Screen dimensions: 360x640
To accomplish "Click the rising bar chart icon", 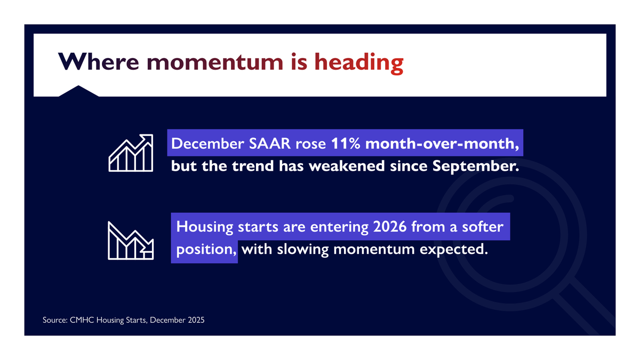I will [131, 153].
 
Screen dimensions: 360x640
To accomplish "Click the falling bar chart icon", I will [131, 241].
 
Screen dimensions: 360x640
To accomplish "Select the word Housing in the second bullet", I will [205, 227].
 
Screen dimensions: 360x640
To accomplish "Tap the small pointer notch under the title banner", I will [78, 91].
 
